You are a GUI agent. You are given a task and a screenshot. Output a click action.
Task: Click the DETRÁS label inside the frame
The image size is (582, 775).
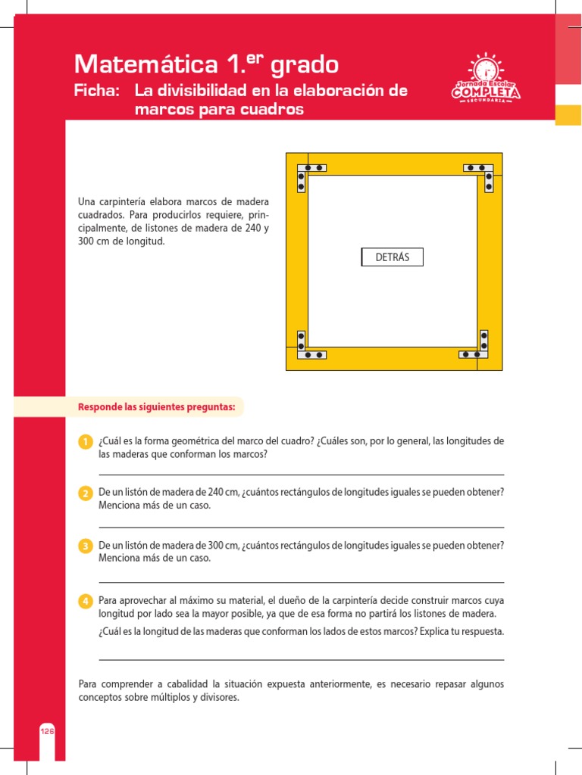(x=392, y=257)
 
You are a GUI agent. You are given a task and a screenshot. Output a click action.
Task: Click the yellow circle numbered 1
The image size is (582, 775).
(x=86, y=442)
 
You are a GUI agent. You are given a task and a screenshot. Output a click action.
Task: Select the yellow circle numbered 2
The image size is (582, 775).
(x=86, y=493)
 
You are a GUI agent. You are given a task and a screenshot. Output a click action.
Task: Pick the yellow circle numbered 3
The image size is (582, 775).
(x=86, y=546)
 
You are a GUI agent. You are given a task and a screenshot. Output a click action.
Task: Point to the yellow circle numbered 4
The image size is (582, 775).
(x=86, y=601)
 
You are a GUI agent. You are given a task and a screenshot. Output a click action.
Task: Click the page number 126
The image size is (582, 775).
(x=47, y=731)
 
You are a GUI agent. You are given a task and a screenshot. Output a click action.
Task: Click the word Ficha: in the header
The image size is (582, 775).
(x=97, y=91)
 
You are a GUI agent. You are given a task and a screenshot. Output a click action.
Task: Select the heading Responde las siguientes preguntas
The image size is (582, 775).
(x=157, y=407)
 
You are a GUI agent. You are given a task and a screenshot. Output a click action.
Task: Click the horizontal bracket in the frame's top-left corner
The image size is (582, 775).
(x=313, y=167)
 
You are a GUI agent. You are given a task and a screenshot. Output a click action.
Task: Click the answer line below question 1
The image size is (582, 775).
(x=301, y=475)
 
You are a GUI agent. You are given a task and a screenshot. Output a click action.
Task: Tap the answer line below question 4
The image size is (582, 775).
(x=301, y=660)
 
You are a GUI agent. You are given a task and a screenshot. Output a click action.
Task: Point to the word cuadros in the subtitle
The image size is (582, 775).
(x=270, y=110)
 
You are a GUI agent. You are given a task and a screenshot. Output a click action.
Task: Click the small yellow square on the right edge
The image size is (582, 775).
(x=568, y=114)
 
